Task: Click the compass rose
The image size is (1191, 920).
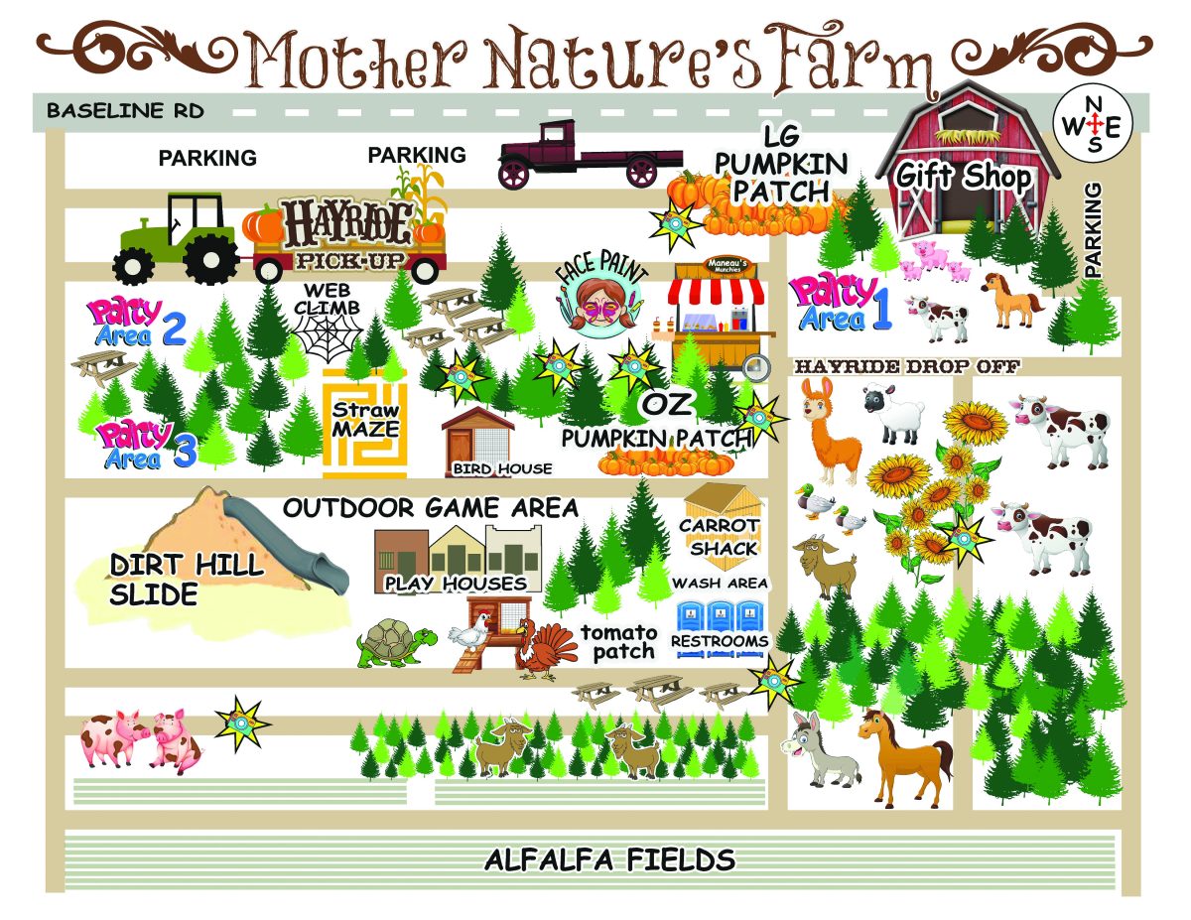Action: point(1095,123)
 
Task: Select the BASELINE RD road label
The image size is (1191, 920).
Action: point(125,110)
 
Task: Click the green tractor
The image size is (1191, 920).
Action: point(177,239)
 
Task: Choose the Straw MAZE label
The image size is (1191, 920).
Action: point(364,420)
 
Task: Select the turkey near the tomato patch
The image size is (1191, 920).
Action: point(545,648)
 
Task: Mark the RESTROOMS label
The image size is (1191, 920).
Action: point(720,641)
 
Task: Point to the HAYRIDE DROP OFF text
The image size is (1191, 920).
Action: point(907,366)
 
